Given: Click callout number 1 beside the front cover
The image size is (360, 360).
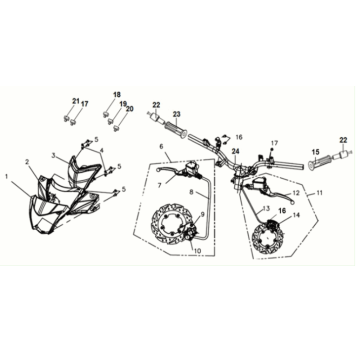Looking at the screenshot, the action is coord(7,176).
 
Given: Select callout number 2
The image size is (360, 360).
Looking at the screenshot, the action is coord(28,162).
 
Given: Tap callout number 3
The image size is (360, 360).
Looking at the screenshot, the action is coord(53,155).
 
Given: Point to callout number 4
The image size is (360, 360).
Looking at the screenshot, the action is coord(102,150).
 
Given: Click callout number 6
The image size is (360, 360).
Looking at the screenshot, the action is coord(162,146).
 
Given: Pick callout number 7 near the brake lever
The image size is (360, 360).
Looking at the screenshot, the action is coord(159,185).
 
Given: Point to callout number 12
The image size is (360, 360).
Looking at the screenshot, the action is coord(297,193).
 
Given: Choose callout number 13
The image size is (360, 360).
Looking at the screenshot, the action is coord(266,209).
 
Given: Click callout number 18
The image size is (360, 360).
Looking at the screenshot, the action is coord(116,95).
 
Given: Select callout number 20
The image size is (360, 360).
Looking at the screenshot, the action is coord(130,109).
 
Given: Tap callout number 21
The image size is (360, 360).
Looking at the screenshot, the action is coord(76,101).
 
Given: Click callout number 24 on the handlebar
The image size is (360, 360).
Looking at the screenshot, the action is coord(236,151).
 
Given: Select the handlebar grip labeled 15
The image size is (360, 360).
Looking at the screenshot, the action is coord(319,163).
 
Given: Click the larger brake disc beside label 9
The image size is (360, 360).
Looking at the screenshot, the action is coord(171,224).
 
